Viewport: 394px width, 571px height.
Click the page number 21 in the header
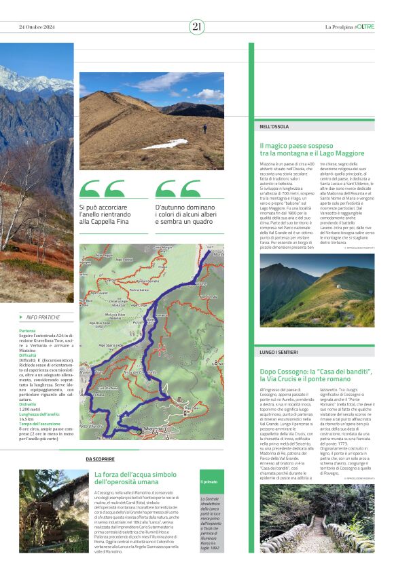tap(196, 26)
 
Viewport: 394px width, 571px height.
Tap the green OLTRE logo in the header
tap(364, 27)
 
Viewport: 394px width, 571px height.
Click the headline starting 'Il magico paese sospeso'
tap(312, 150)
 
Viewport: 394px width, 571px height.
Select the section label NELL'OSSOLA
tap(274, 127)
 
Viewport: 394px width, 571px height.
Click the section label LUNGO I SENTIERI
tap(279, 353)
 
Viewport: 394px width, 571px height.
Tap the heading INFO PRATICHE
tap(43, 317)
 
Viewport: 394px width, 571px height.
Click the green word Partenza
tap(28, 330)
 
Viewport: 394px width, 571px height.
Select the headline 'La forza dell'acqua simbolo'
tap(135, 478)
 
